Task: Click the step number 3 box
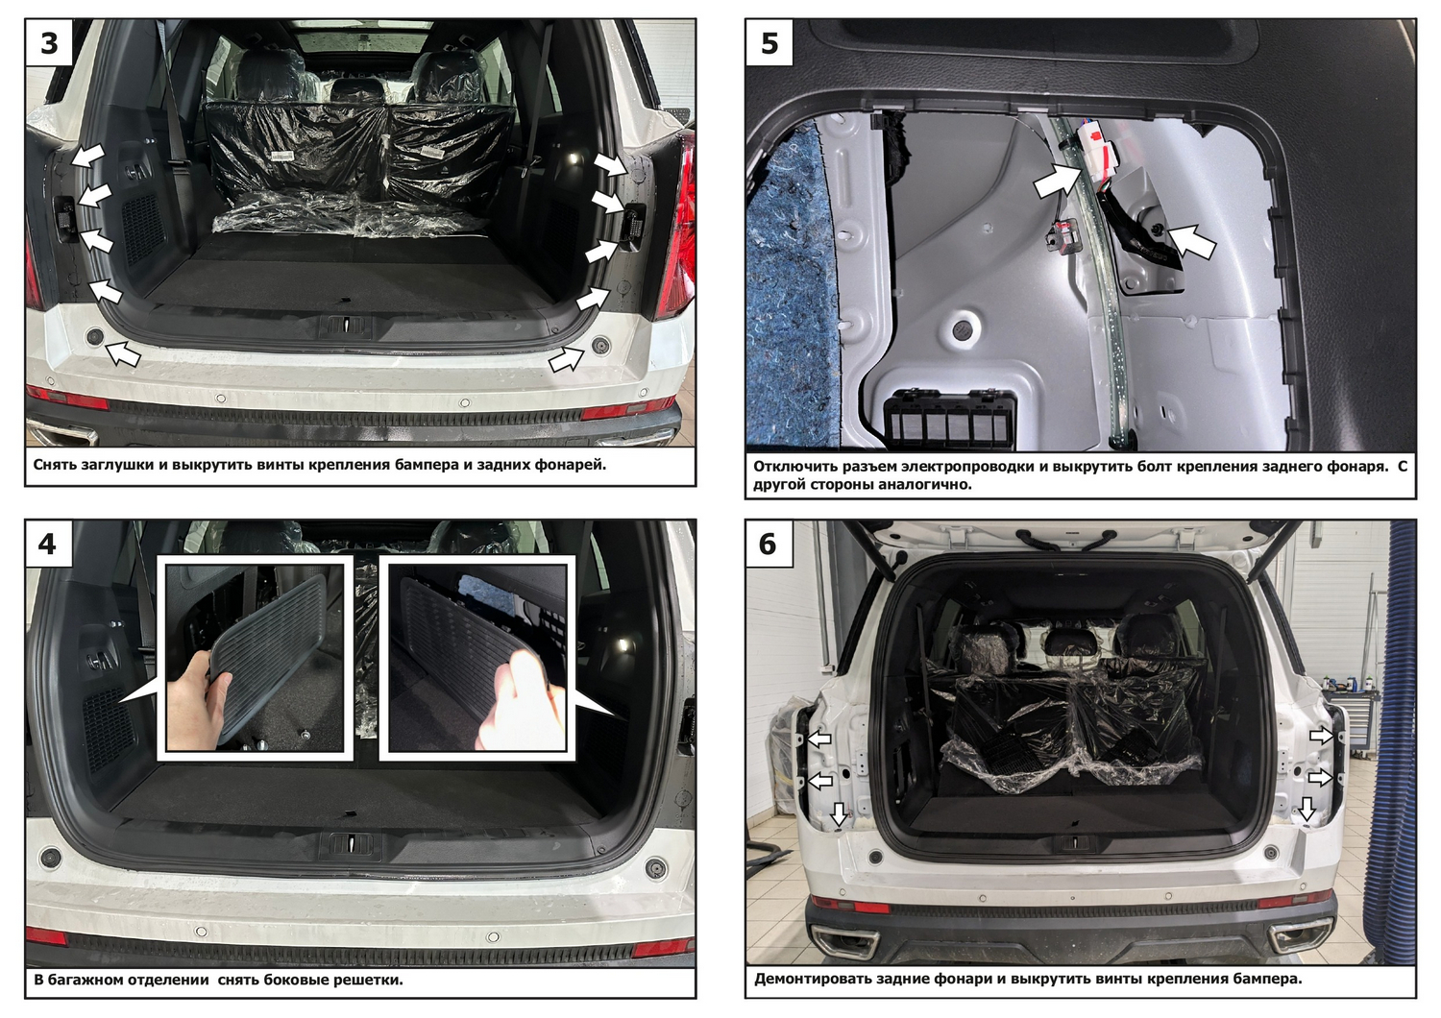(49, 42)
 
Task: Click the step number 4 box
(49, 544)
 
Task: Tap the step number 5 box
(769, 42)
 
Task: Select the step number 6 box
(769, 544)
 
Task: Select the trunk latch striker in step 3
(346, 326)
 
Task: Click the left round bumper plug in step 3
(95, 336)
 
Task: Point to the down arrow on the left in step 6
(839, 813)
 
